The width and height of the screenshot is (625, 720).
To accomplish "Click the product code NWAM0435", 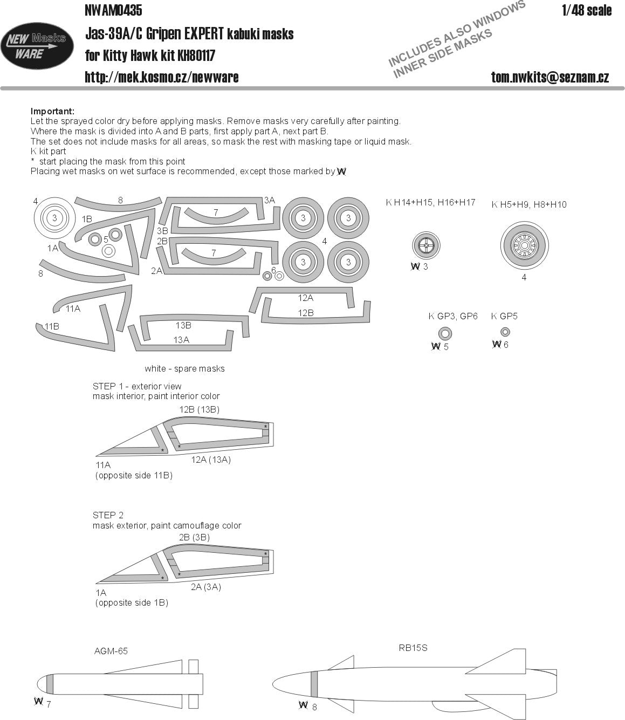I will (x=113, y=10).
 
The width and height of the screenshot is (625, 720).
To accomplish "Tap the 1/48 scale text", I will (x=586, y=11).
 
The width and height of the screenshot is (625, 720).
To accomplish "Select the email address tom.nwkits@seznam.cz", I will (x=550, y=77).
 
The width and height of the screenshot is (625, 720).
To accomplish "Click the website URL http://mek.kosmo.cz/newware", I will (x=161, y=77).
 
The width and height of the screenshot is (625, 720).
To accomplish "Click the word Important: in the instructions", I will (x=52, y=111).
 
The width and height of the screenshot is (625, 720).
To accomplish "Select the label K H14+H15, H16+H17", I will (x=430, y=202).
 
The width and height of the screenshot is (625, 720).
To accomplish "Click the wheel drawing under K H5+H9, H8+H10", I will (x=524, y=246).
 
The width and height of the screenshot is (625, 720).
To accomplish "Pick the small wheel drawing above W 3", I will (x=425, y=246).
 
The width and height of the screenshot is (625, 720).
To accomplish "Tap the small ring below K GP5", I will (x=505, y=332).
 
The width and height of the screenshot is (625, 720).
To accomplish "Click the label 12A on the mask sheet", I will (x=305, y=298).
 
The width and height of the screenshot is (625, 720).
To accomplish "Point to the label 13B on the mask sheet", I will (x=183, y=326).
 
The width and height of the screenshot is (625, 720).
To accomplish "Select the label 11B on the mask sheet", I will (x=52, y=326).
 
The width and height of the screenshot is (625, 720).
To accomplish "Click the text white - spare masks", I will (x=184, y=369).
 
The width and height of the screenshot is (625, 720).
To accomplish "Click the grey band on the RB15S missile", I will (x=314, y=685).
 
